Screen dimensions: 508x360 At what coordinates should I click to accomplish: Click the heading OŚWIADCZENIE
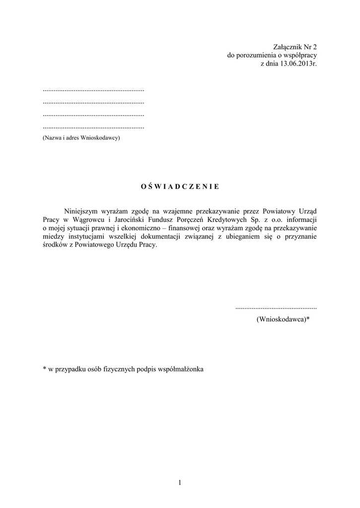point(180,187)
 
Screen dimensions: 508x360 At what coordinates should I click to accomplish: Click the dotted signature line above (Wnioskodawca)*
point(276,308)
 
